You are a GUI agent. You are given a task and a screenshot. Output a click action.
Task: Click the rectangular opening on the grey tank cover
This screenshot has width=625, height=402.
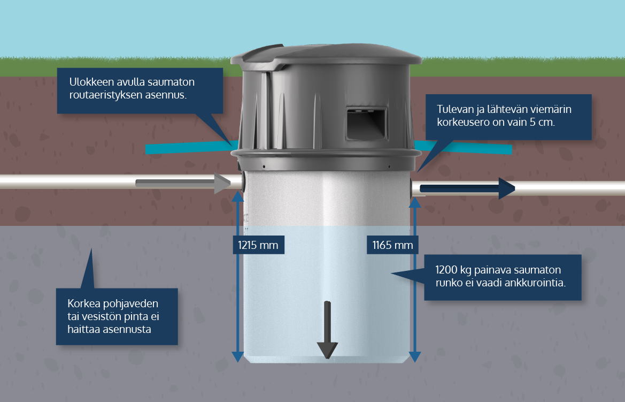tap(366, 122)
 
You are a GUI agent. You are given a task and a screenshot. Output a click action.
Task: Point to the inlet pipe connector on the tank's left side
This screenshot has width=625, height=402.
tap(243, 181)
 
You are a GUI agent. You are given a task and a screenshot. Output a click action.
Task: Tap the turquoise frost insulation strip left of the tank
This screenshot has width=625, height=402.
tap(187, 147)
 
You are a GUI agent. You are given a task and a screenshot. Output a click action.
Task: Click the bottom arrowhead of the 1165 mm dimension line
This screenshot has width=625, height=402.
tap(415, 357)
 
